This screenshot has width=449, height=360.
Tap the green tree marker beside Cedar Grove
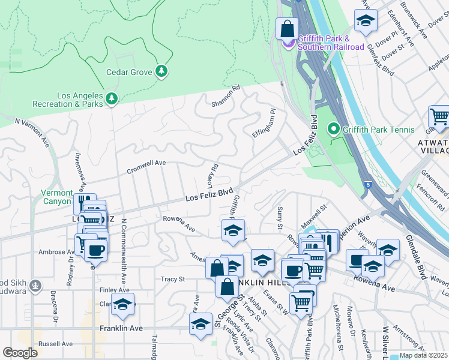161,72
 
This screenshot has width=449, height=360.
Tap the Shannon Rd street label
225,96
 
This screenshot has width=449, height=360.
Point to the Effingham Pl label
263,123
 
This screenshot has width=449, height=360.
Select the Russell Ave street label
55,344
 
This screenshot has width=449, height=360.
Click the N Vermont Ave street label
32,131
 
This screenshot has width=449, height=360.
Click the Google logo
20,353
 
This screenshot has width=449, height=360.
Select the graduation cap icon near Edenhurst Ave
366,21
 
